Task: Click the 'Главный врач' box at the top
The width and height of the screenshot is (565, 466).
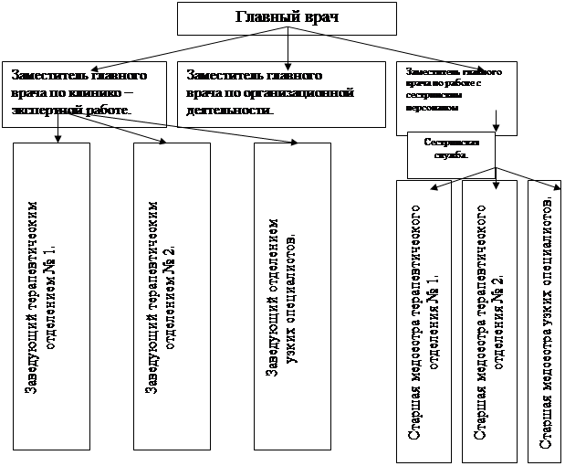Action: tap(288, 16)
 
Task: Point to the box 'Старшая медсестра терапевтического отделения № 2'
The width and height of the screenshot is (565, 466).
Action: tap(494, 320)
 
